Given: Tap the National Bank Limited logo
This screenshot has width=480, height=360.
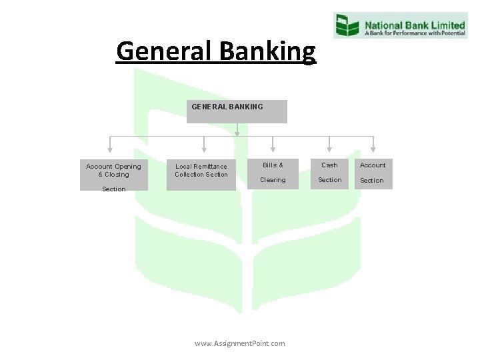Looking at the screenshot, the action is click(399, 25).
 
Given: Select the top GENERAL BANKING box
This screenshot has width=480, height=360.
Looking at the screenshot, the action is click(237, 111).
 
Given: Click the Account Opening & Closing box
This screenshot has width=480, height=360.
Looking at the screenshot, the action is click(113, 175).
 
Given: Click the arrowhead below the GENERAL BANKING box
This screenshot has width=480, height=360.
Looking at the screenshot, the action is click(237, 133).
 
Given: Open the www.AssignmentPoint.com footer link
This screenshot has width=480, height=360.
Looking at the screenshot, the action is click(239, 343).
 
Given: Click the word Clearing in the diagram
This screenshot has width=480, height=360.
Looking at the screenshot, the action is click(273, 180).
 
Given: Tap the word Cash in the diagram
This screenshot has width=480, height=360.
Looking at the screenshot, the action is click(329, 165).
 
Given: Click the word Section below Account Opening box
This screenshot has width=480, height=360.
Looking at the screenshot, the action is click(113, 189).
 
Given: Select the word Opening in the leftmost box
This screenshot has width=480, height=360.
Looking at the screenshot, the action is click(129, 167).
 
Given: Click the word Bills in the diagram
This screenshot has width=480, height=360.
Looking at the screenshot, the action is click(270, 165).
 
